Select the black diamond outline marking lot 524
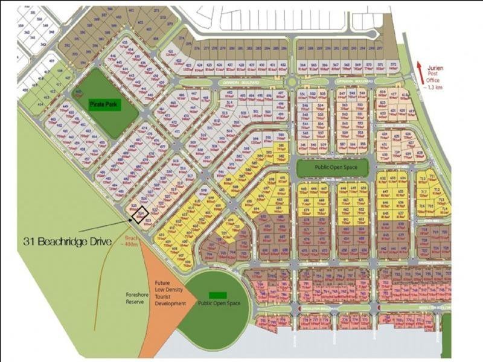(x=141, y=214)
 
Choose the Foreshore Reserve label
(x=135, y=297)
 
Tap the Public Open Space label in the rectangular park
(x=332, y=167)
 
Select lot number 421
(x=172, y=52)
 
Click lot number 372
(x=393, y=63)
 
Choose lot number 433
(x=126, y=42)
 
